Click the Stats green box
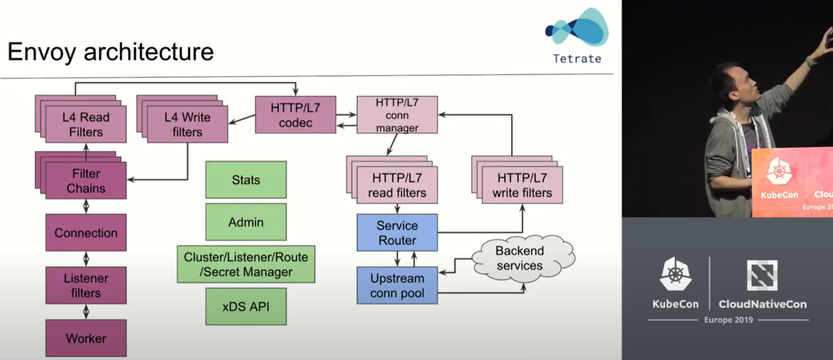(x=246, y=180)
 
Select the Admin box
(x=246, y=222)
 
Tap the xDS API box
(x=246, y=307)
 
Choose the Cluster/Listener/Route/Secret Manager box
(x=246, y=264)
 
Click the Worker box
(x=86, y=338)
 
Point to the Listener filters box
(x=86, y=285)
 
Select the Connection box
(x=86, y=232)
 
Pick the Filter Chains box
(x=86, y=181)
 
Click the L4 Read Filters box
(x=86, y=124)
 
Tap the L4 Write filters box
(x=187, y=124)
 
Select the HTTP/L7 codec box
(x=295, y=114)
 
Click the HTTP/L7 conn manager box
(x=397, y=114)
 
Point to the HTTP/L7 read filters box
(x=397, y=185)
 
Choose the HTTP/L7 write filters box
(x=522, y=185)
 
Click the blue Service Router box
(x=397, y=232)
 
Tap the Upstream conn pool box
(x=397, y=285)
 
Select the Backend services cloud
(x=520, y=258)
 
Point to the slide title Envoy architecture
(x=111, y=51)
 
